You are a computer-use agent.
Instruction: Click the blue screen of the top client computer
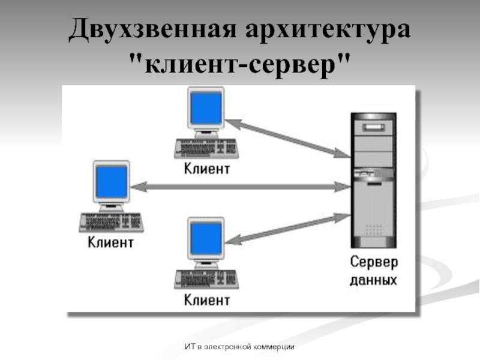[206, 110]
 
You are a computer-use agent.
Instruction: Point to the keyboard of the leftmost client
[110, 222]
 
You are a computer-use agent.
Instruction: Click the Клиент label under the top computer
[206, 169]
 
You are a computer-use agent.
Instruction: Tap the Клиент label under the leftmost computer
[110, 242]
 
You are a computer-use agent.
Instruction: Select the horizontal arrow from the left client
[240, 187]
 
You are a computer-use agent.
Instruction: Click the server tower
[373, 180]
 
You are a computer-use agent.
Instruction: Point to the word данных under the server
[373, 280]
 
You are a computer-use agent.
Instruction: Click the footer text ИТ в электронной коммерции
[240, 347]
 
